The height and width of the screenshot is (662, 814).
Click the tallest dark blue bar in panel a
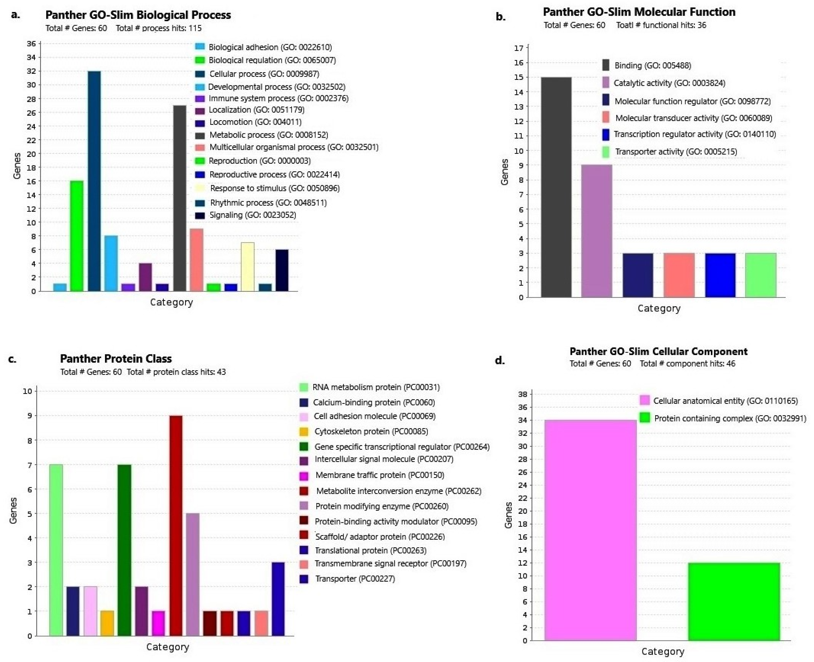(94, 181)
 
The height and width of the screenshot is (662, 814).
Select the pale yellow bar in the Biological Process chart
(248, 267)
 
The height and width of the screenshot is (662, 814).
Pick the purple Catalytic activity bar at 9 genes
(596, 231)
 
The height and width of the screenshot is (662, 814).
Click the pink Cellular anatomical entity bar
(590, 530)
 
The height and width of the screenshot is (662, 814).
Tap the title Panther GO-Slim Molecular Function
(639, 12)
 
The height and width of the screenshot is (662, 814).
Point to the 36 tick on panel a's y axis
(31, 44)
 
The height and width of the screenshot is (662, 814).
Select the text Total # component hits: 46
(687, 364)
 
